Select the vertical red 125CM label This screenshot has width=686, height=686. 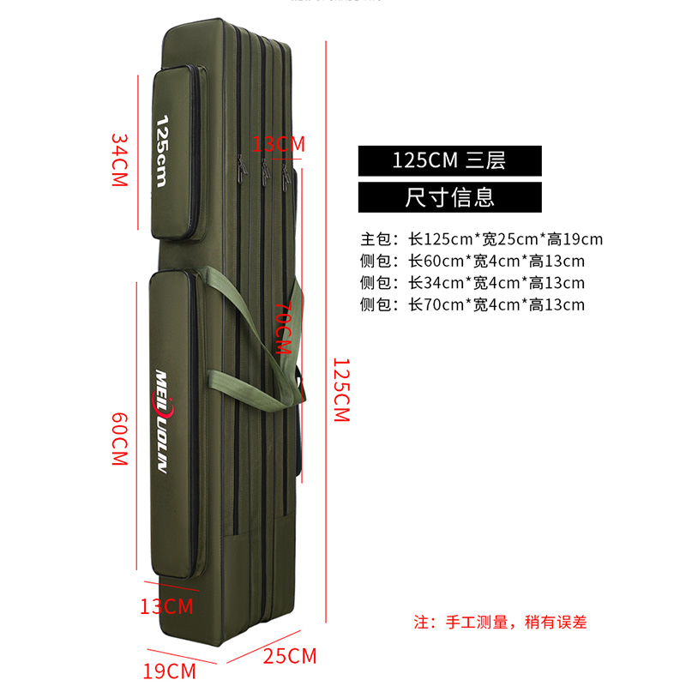[340, 390]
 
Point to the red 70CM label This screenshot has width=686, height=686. [283, 328]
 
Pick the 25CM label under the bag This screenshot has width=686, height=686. [291, 657]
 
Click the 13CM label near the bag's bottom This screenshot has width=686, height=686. [166, 606]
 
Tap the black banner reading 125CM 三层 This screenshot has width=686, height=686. [449, 159]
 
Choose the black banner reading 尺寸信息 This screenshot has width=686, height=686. [449, 197]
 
